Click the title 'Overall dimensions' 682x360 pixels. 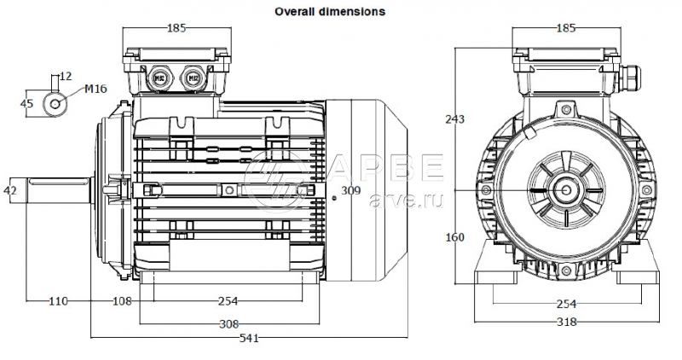pyautogui.click(x=329, y=12)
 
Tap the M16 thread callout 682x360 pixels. pyautogui.click(x=95, y=89)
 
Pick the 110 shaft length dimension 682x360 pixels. pyautogui.click(x=57, y=301)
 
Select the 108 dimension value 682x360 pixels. pyautogui.click(x=124, y=301)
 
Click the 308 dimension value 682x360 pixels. pyautogui.click(x=228, y=324)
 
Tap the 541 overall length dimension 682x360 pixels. pyautogui.click(x=250, y=339)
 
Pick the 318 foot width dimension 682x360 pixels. pyautogui.click(x=566, y=322)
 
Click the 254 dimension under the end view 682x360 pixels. pyautogui.click(x=566, y=304)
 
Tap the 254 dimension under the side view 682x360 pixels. pyautogui.click(x=227, y=301)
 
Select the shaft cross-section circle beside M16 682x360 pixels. pyautogui.click(x=57, y=102)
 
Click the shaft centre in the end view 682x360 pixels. pyautogui.click(x=566, y=189)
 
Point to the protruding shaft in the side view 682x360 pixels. pyautogui.click(x=60, y=189)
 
